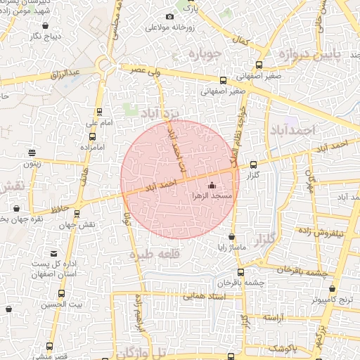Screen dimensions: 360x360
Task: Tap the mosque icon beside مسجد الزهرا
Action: pyautogui.click(x=212, y=186)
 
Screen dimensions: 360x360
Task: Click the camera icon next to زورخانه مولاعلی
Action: pyautogui.click(x=169, y=16)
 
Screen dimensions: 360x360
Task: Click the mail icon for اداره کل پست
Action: pyautogui.click(x=54, y=253)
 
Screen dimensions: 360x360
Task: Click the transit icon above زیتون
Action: pyautogui.click(x=32, y=152)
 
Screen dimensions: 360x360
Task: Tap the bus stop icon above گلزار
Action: pyautogui.click(x=253, y=164)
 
